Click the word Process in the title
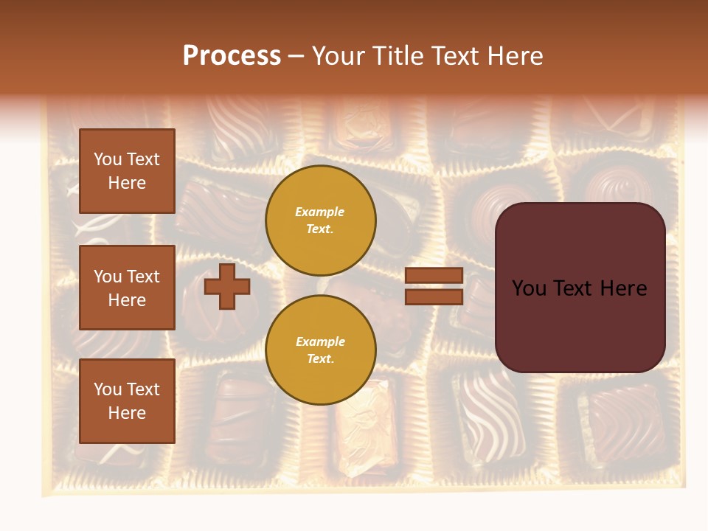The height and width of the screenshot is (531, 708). click(232, 55)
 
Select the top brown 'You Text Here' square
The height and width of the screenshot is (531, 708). click(127, 171)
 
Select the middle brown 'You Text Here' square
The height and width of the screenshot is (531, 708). click(127, 288)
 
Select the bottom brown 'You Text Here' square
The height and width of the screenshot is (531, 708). click(127, 400)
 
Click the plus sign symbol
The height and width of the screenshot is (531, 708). click(227, 285)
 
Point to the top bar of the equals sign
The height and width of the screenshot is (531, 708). click(434, 276)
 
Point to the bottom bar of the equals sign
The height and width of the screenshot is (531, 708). click(434, 296)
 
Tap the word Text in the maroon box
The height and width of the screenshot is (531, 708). click(571, 288)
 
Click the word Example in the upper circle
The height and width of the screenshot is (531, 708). click(319, 212)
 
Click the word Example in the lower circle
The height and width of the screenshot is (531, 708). click(320, 341)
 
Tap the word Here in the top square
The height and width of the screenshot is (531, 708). click(127, 183)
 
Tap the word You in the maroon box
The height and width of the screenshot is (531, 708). click(529, 288)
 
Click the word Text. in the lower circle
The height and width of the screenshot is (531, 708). click(320, 358)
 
